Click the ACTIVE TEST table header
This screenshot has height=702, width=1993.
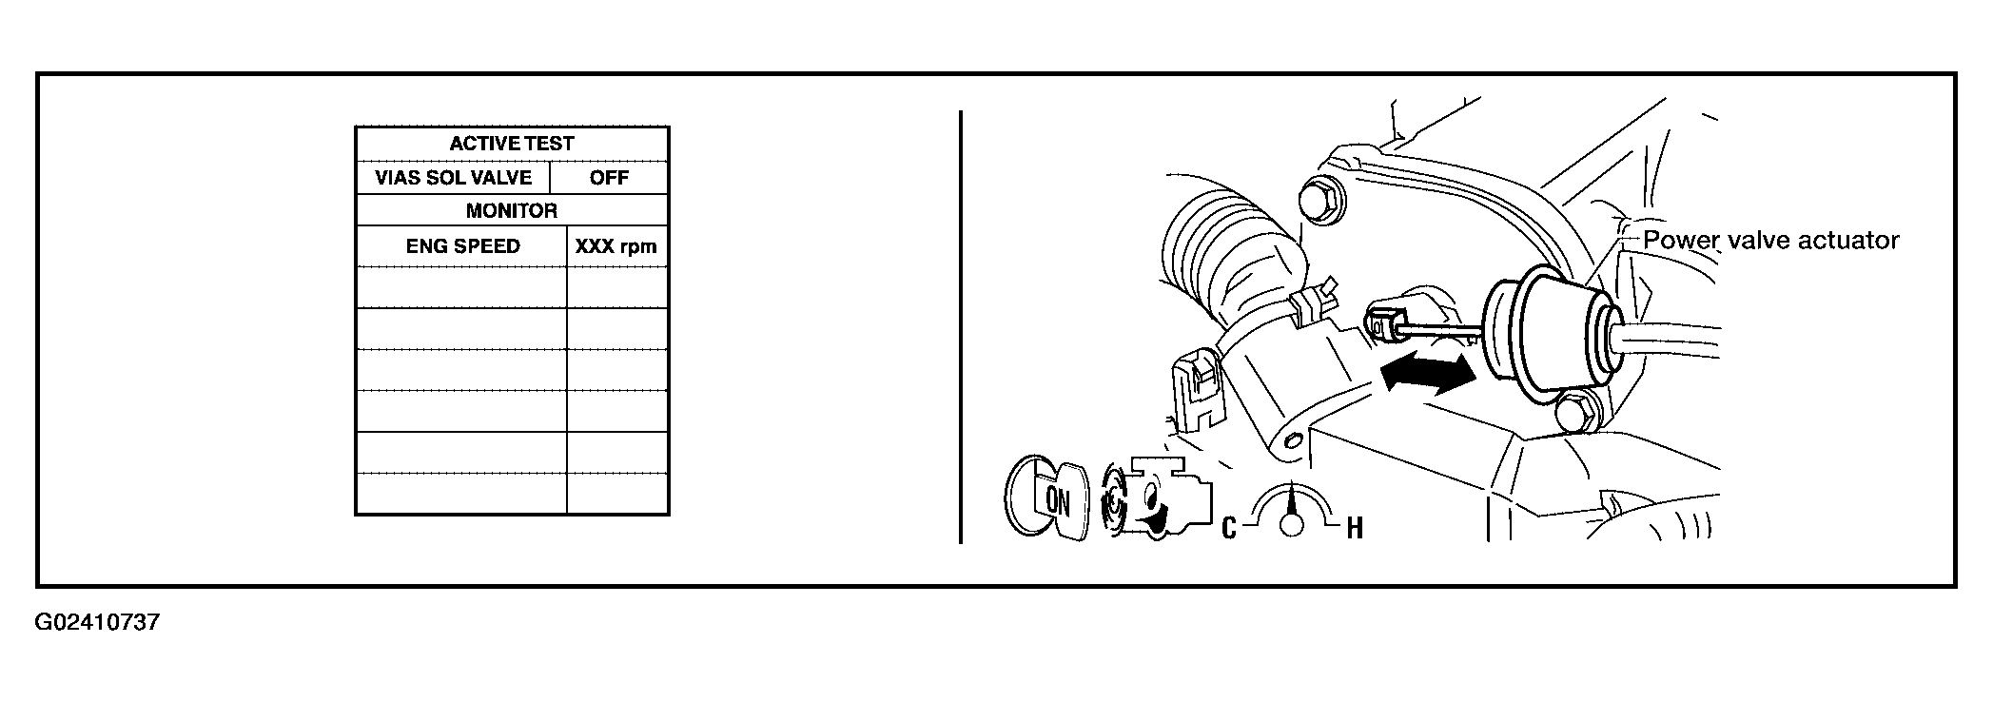pos(512,144)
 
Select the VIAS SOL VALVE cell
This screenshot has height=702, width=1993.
pos(453,178)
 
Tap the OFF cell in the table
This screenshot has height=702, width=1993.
pos(609,178)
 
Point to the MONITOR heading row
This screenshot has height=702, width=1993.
pos(512,211)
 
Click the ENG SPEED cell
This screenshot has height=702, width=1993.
pos(463,246)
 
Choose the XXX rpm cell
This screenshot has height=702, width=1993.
pos(616,246)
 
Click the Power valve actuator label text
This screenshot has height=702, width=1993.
pos(1771,241)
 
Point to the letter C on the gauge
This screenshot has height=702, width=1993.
pos(1228,528)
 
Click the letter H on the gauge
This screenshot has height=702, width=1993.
pos(1355,528)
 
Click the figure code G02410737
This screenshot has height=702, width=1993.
pos(97,623)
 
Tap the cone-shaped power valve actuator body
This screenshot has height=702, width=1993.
pos(1551,333)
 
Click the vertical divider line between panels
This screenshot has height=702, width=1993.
pos(961,327)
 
